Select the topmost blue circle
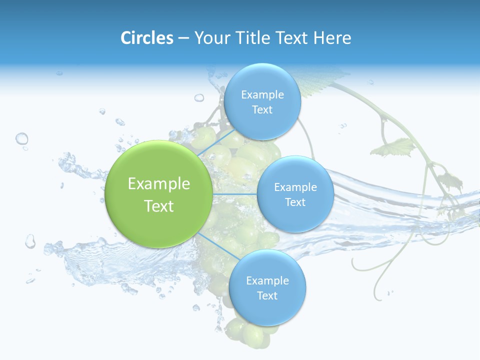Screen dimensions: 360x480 click(262, 101)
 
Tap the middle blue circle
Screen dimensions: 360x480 click(295, 194)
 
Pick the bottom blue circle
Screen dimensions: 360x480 click(267, 287)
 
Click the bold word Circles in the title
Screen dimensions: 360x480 click(146, 38)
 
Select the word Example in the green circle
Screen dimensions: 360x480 click(158, 184)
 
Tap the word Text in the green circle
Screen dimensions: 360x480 click(158, 206)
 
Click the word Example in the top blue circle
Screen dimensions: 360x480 click(262, 94)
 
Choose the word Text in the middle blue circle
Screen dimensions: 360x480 click(295, 202)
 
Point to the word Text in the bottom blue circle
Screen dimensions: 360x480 click(267, 295)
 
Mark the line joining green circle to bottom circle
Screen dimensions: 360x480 click(215, 244)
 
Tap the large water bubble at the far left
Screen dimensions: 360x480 click(21, 138)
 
